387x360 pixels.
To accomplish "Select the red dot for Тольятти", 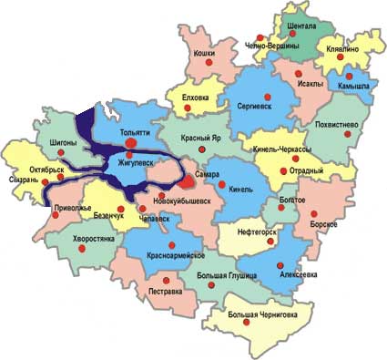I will tap(131, 142).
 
